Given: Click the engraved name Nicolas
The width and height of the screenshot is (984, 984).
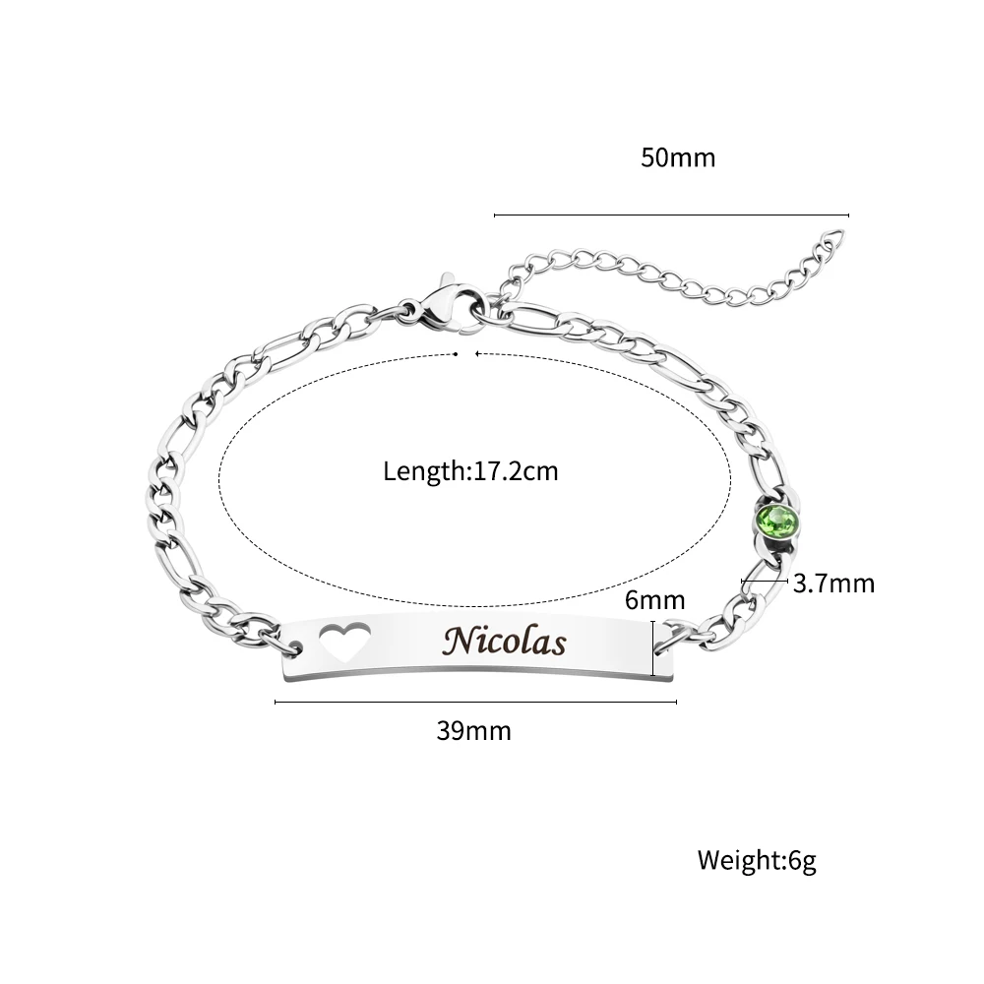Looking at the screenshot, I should [x=505, y=642].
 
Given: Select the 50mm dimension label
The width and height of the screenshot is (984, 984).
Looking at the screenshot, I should [x=678, y=157].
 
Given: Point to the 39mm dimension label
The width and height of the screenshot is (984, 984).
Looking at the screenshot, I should [x=473, y=731].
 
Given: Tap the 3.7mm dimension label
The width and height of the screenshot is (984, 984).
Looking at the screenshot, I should [x=833, y=584].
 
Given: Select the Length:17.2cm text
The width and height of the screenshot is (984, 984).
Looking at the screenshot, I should [x=470, y=471].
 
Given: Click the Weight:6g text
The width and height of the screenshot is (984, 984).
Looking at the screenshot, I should [x=757, y=861].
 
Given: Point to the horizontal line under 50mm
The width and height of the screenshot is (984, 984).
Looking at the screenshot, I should [x=670, y=215].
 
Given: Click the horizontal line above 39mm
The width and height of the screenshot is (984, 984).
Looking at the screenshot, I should [x=475, y=702].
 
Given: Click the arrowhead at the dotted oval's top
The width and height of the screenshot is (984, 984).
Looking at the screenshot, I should [x=477, y=351].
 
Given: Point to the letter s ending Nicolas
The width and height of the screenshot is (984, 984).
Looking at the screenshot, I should [x=558, y=645].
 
